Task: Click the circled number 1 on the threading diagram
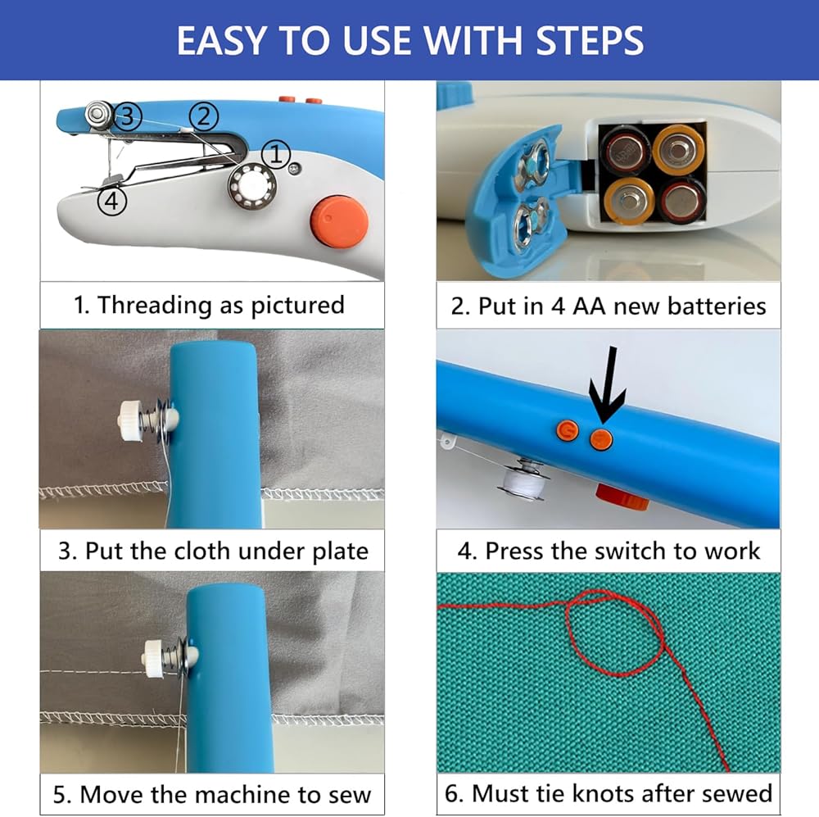[276, 154]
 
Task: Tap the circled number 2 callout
[204, 116]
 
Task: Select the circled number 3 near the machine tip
[128, 116]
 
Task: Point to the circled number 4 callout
[112, 202]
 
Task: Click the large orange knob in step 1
[340, 221]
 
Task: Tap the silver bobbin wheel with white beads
[253, 185]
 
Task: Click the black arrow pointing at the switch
[607, 384]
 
